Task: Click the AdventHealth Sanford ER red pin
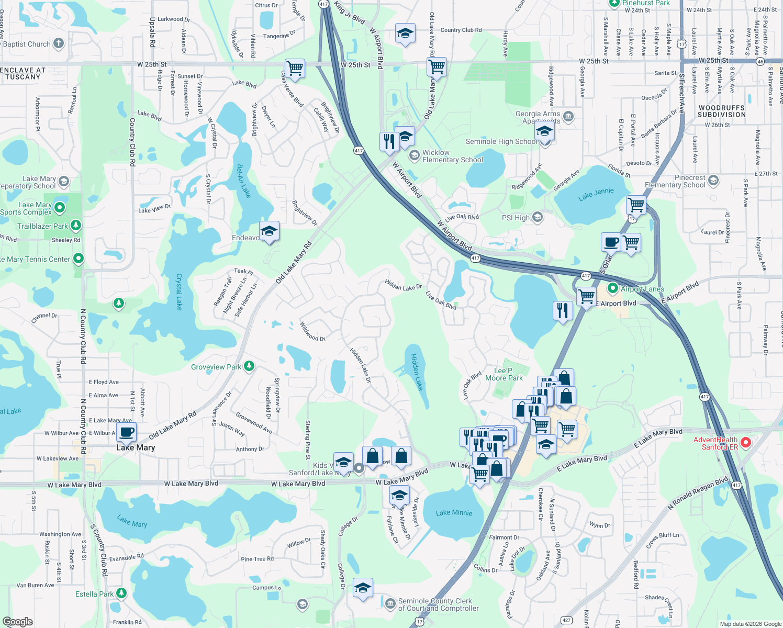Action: [746, 443]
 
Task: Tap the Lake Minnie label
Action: [454, 513]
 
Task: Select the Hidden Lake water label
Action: [417, 372]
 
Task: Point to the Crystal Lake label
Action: [179, 291]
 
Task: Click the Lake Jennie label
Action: [596, 194]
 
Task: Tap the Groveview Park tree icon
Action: [249, 366]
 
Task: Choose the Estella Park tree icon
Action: [121, 593]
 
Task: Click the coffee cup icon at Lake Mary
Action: [126, 432]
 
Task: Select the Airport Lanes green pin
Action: [612, 288]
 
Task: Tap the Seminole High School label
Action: [501, 141]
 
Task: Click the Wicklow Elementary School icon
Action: [415, 155]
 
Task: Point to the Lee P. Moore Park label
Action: [504, 374]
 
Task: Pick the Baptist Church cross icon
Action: [59, 43]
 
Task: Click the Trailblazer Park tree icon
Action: [76, 226]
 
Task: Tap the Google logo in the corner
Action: [17, 622]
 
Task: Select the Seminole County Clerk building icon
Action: [390, 604]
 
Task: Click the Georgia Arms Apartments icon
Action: [569, 116]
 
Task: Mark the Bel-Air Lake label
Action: [243, 181]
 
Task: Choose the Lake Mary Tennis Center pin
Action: [79, 258]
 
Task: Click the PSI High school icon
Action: [538, 217]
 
